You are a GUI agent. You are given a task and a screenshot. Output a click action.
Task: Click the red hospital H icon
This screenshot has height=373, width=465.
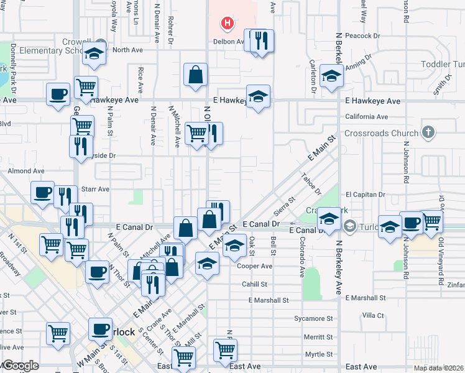tap(228, 24)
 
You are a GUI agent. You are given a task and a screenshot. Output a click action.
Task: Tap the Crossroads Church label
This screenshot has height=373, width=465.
tap(380, 133)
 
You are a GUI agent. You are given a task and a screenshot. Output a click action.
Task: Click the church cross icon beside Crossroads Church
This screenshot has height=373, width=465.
tap(427, 132)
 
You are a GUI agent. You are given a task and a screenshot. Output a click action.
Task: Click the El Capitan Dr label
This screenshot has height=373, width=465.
tap(366, 195)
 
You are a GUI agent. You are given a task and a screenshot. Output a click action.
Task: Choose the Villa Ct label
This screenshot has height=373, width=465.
tap(374, 316)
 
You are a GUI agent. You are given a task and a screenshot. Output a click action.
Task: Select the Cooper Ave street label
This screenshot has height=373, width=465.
tap(255, 266)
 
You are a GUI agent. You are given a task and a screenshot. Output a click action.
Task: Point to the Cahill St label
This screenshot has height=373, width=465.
tap(254, 284)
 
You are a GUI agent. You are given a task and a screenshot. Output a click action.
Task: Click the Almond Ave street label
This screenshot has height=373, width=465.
tap(26, 170)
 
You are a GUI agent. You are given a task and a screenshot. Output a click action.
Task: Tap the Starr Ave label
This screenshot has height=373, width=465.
tap(96, 189)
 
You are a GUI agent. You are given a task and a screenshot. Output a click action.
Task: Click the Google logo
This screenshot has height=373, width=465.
tap(20, 366)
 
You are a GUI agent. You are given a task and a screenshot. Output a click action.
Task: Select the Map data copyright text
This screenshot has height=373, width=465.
tap(438, 368)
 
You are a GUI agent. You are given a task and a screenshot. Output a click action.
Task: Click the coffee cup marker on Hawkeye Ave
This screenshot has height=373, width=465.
tap(58, 94)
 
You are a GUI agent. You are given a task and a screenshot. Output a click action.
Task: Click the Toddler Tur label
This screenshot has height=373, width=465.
tap(443, 65)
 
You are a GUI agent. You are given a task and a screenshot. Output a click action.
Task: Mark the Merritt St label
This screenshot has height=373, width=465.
tap(319, 337)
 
